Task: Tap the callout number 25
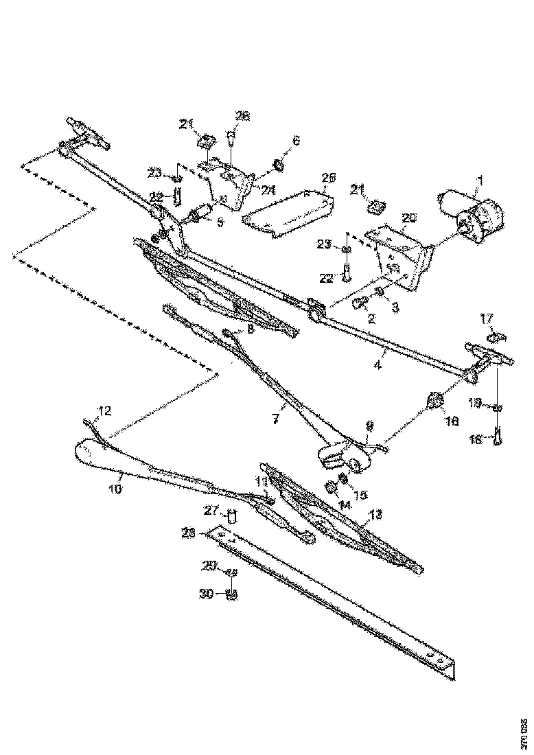click(329, 177)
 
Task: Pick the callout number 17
click(486, 318)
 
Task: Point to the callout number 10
click(115, 489)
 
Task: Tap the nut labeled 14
click(331, 487)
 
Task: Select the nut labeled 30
click(231, 594)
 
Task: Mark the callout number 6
click(296, 140)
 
